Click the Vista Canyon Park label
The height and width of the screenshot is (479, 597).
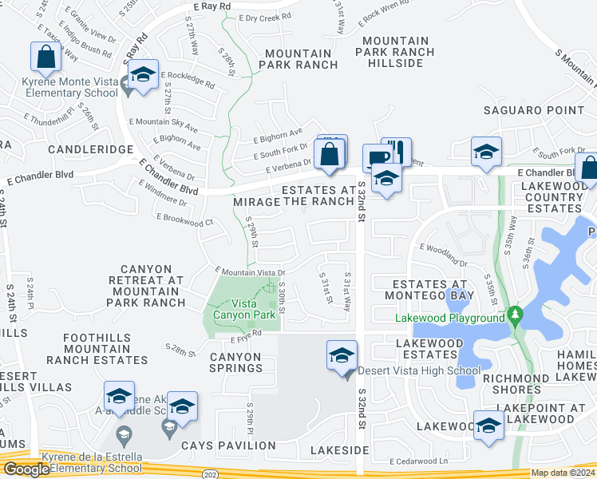243,309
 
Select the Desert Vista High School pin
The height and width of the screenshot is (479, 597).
342,355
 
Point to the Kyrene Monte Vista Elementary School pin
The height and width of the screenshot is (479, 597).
142,75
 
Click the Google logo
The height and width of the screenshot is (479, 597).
26,469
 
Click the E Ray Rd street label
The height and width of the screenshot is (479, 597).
212,6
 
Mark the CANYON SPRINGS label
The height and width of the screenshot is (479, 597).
235,362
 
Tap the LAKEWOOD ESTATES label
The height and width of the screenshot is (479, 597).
430,348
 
